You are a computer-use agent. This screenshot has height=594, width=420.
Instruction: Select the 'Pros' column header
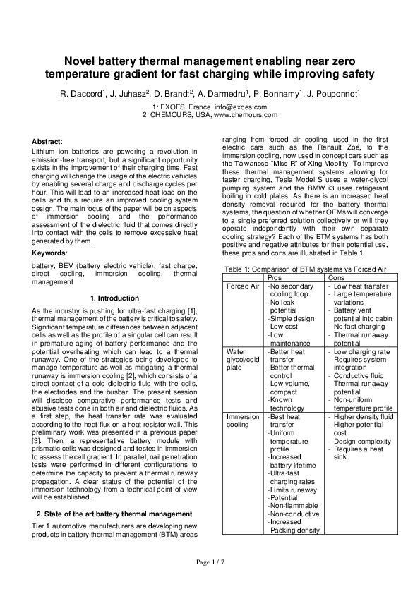point(280,278)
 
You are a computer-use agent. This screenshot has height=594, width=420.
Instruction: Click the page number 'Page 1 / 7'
point(210,563)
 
